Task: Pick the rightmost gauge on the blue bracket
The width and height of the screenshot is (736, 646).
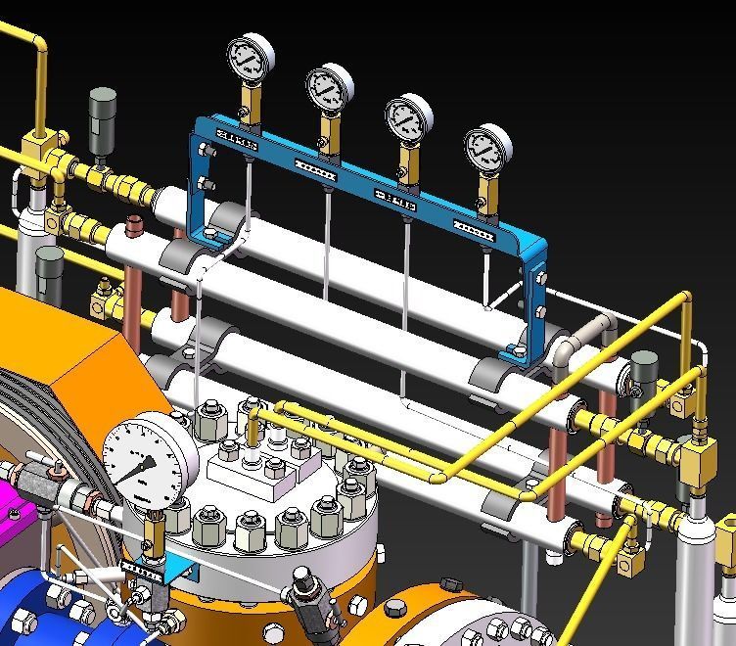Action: point(487,148)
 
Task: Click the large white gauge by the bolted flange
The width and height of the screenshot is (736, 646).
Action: point(150,459)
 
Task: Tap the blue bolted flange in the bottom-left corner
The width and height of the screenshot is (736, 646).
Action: point(39,607)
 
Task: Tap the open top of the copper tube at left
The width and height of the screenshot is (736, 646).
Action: point(134,227)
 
